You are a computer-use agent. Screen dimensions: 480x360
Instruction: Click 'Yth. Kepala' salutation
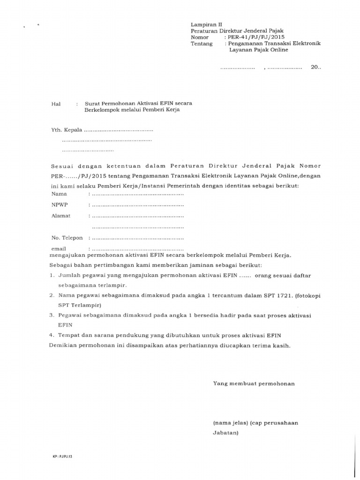tap(67, 129)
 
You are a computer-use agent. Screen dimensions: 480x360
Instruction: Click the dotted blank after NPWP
tap(138, 205)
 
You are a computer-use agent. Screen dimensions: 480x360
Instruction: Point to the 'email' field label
tap(59, 248)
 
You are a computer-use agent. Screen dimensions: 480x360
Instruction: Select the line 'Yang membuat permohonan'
tap(254, 383)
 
